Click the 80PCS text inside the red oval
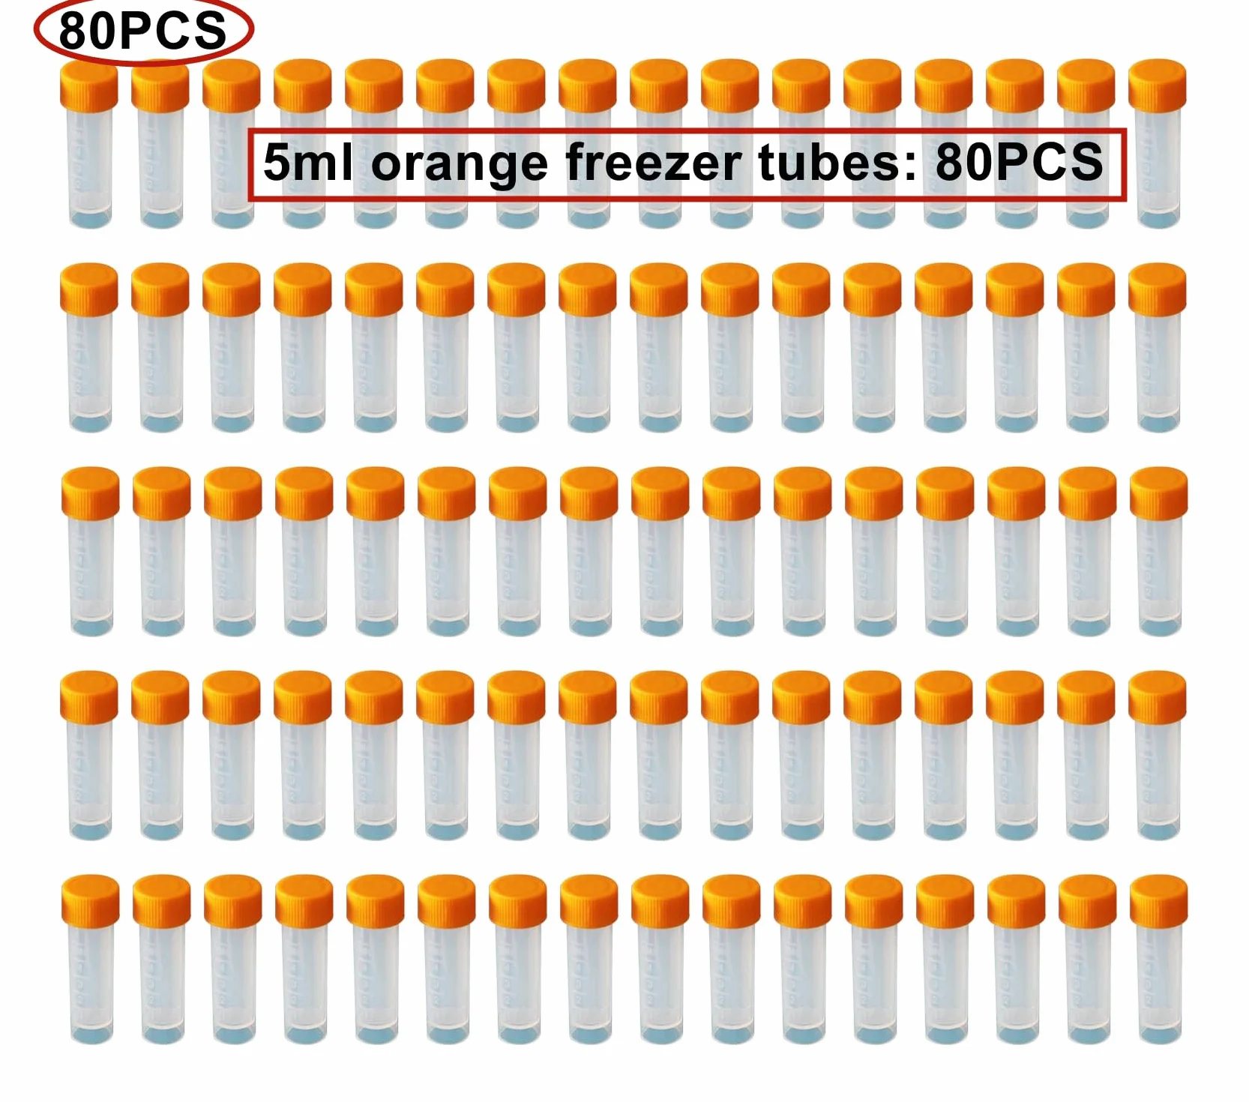pyautogui.click(x=142, y=31)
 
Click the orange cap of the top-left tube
pyautogui.click(x=89, y=85)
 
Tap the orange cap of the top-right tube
pyautogui.click(x=1158, y=85)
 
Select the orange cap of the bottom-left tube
pyautogui.click(x=91, y=901)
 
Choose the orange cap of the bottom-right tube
pyautogui.click(x=1159, y=901)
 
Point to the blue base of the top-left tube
pyautogui.click(x=91, y=218)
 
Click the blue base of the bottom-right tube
pyautogui.click(x=1160, y=1035)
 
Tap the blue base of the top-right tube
pyautogui.click(x=1159, y=218)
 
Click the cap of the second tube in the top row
pyautogui.click(x=160, y=85)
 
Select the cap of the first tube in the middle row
pyautogui.click(x=91, y=493)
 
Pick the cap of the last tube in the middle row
pyautogui.click(x=1159, y=493)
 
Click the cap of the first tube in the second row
pyautogui.click(x=89, y=289)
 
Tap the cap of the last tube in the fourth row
pyautogui.click(x=1158, y=697)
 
